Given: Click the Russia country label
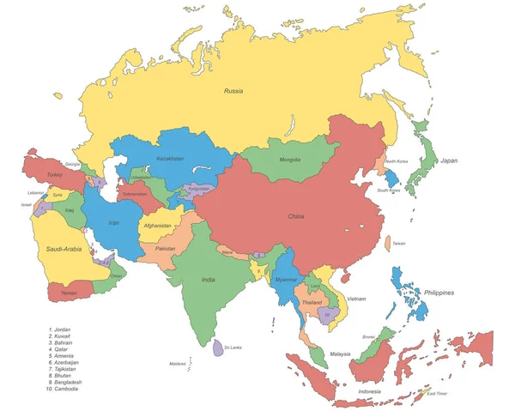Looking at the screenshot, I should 234,90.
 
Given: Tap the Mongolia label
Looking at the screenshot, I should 290,160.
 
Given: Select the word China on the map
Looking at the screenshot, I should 296,216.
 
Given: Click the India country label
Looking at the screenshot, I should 209,280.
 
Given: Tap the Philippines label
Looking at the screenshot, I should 445,293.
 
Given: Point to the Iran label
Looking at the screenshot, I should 113,222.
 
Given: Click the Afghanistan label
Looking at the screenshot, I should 157,226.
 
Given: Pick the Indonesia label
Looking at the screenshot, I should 369,392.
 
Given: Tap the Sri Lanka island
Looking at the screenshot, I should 216,348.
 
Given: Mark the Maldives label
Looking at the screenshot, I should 178,364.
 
